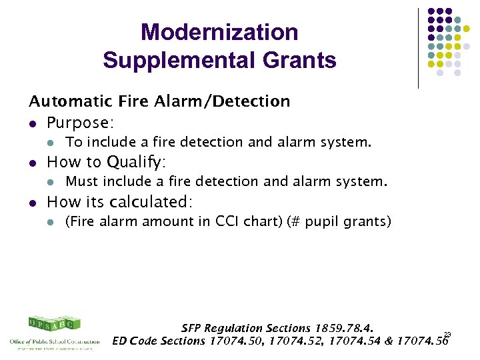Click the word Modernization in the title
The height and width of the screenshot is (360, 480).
tap(219, 32)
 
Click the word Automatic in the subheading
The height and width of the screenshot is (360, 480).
tap(64, 101)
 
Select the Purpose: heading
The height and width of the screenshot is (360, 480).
tap(80, 123)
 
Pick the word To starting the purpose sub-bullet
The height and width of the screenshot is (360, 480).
tap(73, 142)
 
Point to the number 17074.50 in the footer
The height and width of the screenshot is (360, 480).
tap(234, 341)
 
